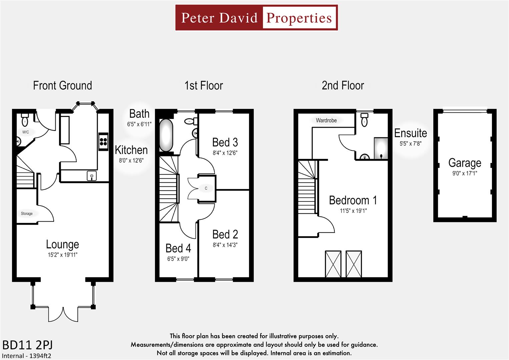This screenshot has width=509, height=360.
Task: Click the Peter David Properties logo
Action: tap(256, 18)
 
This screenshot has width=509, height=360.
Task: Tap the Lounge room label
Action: tap(62, 244)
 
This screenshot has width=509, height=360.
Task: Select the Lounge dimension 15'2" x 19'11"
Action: tap(62, 255)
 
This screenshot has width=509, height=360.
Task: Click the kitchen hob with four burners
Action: tap(103, 141)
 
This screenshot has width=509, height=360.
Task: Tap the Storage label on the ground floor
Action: tap(27, 214)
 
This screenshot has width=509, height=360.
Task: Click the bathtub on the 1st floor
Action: tap(166, 135)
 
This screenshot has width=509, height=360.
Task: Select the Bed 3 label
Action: tap(225, 143)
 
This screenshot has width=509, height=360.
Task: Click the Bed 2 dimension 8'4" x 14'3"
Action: tap(225, 245)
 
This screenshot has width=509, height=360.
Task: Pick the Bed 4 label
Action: tap(178, 248)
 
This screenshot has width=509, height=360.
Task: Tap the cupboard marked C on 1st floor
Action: tap(206, 188)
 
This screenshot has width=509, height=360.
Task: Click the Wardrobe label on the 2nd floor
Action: tap(326, 120)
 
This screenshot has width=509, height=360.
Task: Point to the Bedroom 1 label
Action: tap(353, 200)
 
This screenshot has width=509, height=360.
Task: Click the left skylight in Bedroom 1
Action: tap(333, 264)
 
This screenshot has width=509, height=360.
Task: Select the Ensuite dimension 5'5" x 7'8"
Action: tap(410, 144)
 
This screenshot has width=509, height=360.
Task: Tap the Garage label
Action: tap(464, 163)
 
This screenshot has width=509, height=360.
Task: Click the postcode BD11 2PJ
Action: tap(27, 345)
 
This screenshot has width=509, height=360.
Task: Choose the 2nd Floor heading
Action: tap(343, 86)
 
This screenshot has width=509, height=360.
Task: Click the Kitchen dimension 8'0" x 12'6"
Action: tap(131, 160)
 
